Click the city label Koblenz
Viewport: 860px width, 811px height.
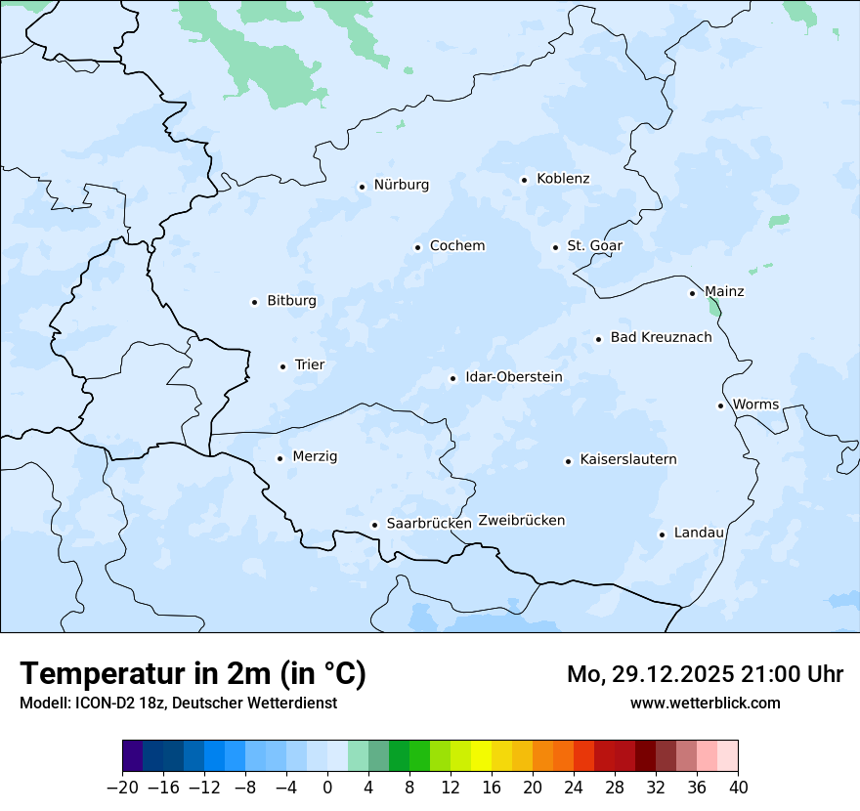(x=563, y=179)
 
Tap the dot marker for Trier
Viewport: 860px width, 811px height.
(x=283, y=366)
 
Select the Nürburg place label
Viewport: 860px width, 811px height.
(x=401, y=185)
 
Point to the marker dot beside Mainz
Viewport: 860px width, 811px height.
(x=693, y=293)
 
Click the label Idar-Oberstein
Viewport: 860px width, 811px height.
(x=513, y=377)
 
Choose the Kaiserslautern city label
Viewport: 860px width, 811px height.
(x=627, y=459)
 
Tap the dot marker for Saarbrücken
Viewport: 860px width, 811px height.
(x=374, y=525)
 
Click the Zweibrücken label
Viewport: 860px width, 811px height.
(x=521, y=521)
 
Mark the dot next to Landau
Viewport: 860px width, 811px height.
(x=662, y=534)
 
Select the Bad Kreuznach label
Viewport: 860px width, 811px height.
(x=661, y=337)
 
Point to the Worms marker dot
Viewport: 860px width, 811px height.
(x=720, y=405)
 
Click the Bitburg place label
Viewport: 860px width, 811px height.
(x=291, y=301)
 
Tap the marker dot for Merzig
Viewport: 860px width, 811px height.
(x=280, y=458)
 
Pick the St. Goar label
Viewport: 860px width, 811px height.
(x=594, y=245)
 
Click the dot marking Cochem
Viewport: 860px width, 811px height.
(x=417, y=247)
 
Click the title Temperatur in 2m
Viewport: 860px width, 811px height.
(x=193, y=673)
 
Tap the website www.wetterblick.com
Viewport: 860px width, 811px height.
(x=705, y=703)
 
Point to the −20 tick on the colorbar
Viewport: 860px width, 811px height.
(x=123, y=787)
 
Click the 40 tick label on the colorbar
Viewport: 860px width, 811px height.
(x=738, y=787)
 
